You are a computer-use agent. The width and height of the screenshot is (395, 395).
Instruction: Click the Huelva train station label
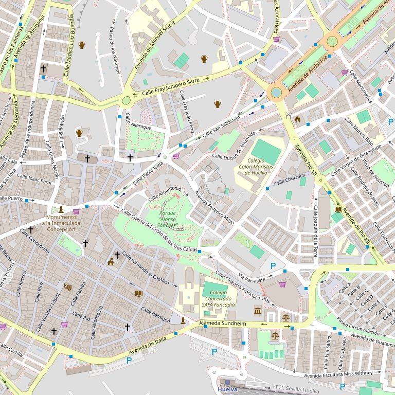[x=228, y=389]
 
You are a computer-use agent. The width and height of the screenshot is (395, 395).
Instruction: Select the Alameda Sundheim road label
[x=223, y=324]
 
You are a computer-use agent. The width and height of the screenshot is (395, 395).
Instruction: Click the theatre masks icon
[x=67, y=286]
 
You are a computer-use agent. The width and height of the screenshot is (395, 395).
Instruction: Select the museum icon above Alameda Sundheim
[x=257, y=311]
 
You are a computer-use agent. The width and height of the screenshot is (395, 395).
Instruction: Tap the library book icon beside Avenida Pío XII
[x=338, y=209]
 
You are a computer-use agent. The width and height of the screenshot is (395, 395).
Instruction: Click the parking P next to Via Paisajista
[x=273, y=265]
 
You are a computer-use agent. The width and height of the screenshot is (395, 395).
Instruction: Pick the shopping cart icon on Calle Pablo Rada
[x=176, y=156]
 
